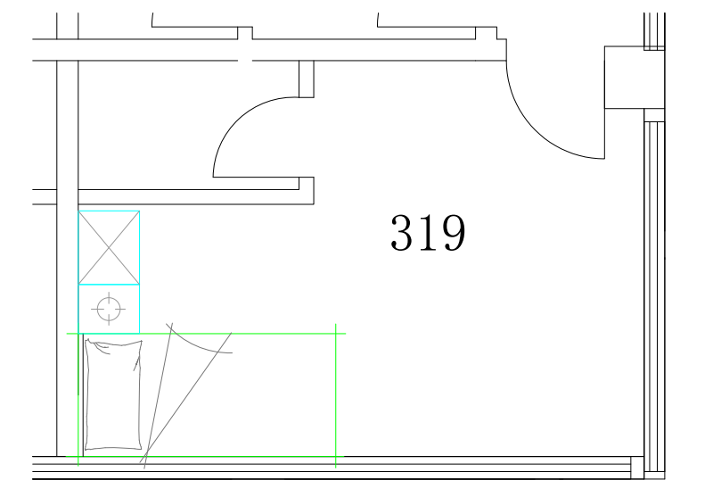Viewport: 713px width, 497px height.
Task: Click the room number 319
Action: [428, 233]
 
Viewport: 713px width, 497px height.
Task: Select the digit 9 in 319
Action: [455, 233]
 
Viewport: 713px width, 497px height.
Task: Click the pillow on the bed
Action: [113, 394]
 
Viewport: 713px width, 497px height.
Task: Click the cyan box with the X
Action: [109, 247]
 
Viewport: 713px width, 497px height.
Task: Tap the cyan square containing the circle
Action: [109, 309]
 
